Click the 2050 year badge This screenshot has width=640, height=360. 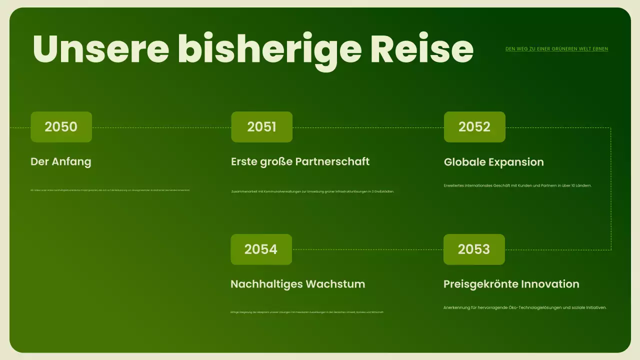click(61, 127)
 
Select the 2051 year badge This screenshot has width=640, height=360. click(261, 127)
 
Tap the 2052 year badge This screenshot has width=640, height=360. click(474, 127)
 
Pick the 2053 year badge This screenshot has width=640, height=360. click(474, 249)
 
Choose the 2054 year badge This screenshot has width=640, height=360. click(261, 249)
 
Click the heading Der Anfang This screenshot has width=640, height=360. click(61, 161)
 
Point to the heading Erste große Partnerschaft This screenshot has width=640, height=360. click(300, 161)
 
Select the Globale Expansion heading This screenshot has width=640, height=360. click(493, 162)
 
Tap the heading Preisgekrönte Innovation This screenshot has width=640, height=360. click(511, 284)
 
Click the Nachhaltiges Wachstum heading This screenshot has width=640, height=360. click(297, 284)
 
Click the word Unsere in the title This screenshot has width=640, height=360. click(100, 48)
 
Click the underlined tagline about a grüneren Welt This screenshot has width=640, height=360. click(556, 49)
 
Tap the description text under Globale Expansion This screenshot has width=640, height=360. click(517, 185)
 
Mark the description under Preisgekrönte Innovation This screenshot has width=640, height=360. click(525, 307)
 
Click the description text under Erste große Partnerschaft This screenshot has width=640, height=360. click(312, 191)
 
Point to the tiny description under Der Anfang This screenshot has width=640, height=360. click(110, 190)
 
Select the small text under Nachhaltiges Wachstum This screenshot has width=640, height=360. click(307, 312)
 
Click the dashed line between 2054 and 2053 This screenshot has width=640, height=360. click(367, 249)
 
